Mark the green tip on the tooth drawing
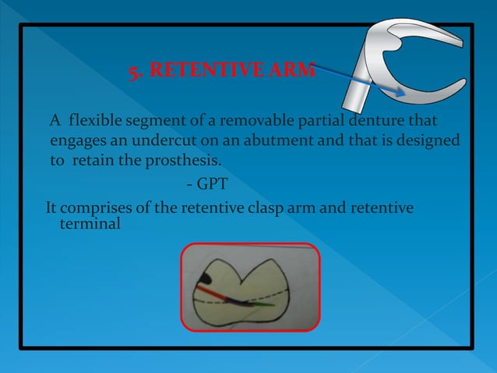coord(265,304)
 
